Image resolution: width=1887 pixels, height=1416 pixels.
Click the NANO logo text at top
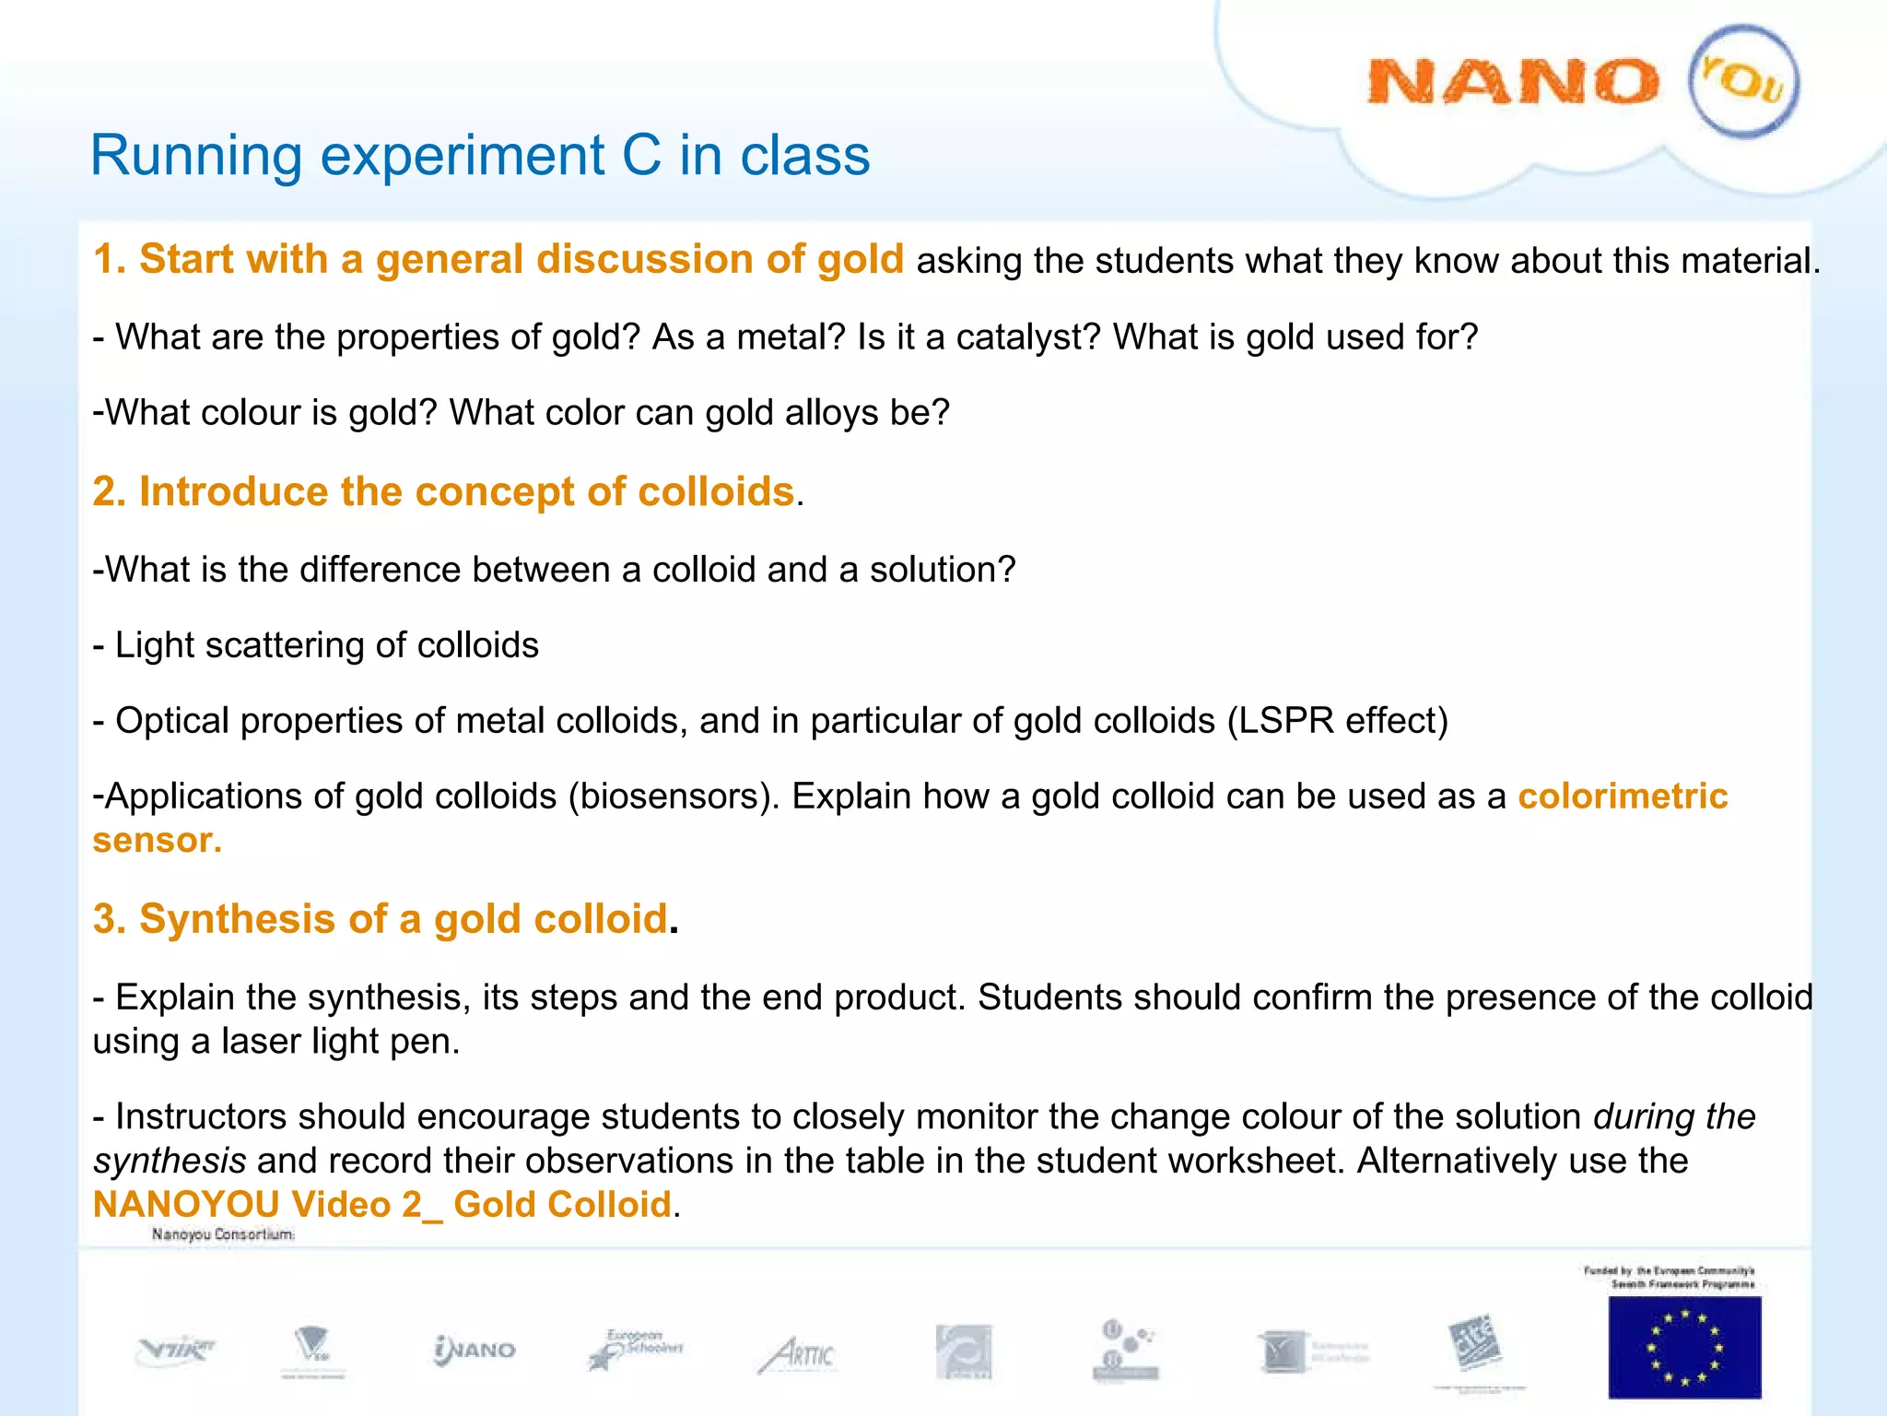(1512, 82)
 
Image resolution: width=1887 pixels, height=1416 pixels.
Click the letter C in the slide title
(641, 155)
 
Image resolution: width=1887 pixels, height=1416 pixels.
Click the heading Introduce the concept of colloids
(443, 491)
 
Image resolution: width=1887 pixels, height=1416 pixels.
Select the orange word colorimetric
(1622, 796)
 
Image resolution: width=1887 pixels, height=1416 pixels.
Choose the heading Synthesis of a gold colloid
(380, 919)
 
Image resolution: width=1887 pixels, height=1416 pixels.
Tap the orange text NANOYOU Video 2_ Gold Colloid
(381, 1205)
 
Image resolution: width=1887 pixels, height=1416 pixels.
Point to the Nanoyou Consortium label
(223, 1234)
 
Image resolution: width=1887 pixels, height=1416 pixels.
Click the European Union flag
(1683, 1346)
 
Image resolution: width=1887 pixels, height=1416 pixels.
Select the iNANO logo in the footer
(475, 1351)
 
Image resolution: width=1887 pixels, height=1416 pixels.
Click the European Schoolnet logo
(637, 1350)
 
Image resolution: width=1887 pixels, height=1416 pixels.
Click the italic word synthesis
(170, 1161)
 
